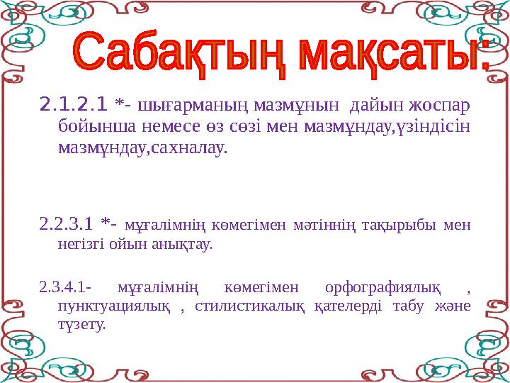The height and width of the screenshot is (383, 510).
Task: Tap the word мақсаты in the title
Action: (x=390, y=55)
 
